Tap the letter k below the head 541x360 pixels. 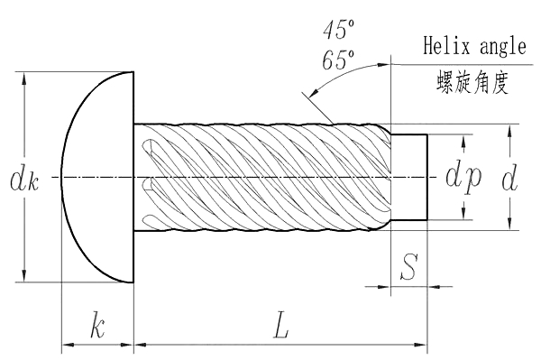tap(97, 326)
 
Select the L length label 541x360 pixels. tap(280, 328)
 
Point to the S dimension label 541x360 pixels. tap(408, 266)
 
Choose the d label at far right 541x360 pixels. tap(509, 178)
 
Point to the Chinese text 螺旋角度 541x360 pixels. tap(472, 84)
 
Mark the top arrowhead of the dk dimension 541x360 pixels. tap(23, 78)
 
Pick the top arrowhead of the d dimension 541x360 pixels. tap(509, 130)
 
